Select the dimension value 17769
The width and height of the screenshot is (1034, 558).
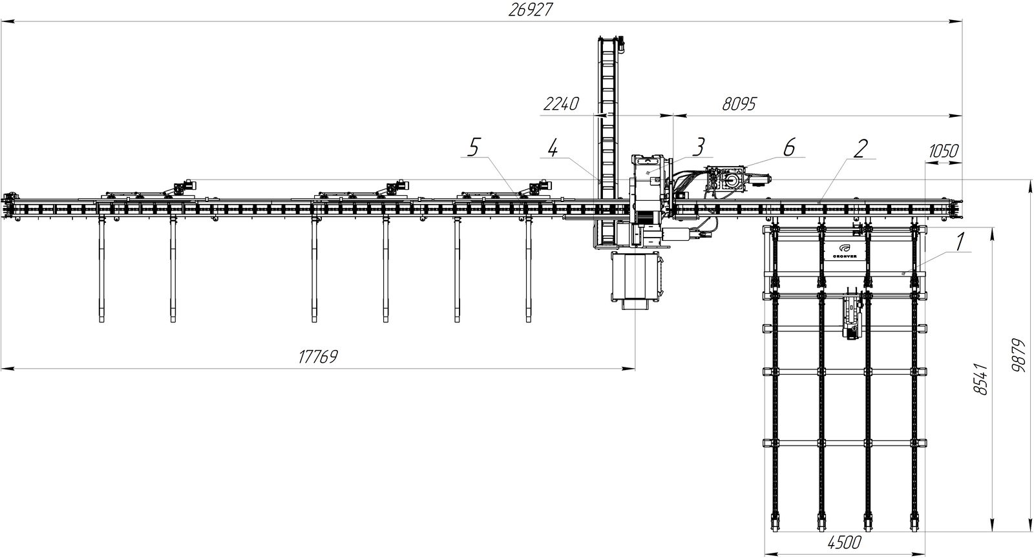click(317, 357)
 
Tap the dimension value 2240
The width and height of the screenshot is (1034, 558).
click(561, 104)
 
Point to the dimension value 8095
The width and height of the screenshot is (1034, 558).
click(739, 104)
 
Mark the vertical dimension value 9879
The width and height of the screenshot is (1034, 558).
click(1020, 356)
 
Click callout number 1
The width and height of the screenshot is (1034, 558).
click(960, 243)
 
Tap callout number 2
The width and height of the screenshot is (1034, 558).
click(860, 149)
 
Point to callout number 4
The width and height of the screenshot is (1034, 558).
click(552, 149)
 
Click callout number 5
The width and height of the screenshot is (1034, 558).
click(473, 149)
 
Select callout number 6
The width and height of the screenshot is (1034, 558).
click(788, 147)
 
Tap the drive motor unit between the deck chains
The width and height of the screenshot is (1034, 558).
click(852, 316)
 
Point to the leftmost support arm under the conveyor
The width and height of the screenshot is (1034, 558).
click(102, 271)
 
